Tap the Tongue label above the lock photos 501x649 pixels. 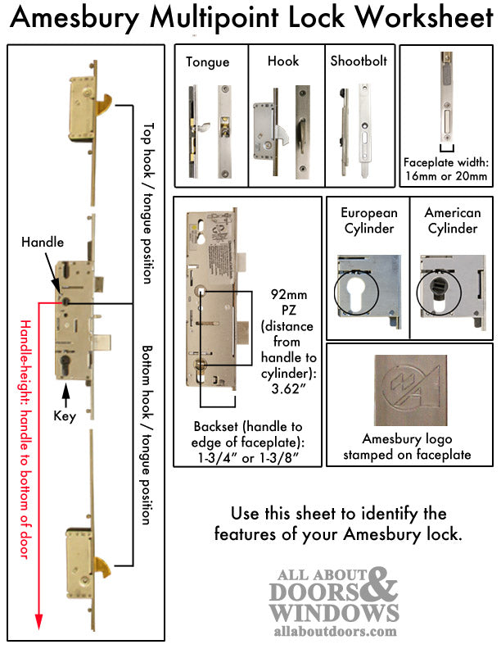point(207,61)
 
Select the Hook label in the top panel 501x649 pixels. point(282,61)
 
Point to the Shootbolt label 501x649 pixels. point(359,61)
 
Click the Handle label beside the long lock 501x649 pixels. point(42,243)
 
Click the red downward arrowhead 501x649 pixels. point(38,626)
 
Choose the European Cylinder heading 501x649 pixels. point(368,220)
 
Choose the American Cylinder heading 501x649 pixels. point(451,220)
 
